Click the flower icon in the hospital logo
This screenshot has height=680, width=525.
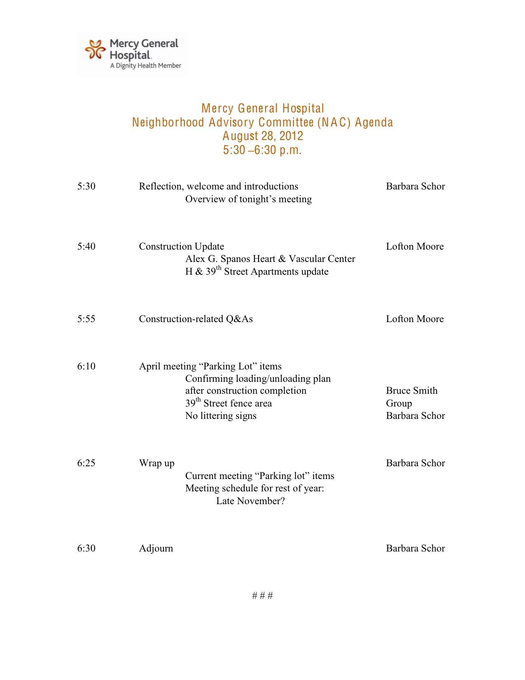[95, 49]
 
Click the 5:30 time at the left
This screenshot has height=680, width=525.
[86, 187]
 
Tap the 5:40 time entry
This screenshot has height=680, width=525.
[86, 247]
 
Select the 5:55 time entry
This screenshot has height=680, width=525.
[86, 319]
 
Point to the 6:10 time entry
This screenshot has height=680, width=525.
[86, 367]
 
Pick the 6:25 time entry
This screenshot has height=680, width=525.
[86, 463]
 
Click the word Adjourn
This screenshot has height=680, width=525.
[156, 549]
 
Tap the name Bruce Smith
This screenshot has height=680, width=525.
[411, 391]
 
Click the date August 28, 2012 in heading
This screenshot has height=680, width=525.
[263, 136]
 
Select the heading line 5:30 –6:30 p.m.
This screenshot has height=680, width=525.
[262, 150]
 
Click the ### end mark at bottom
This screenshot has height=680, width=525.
[262, 596]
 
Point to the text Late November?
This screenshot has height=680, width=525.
[250, 501]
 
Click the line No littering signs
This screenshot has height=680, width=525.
[221, 416]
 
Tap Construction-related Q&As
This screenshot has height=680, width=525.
[196, 319]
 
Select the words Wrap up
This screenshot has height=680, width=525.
[156, 463]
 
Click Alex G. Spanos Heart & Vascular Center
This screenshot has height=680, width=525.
[270, 259]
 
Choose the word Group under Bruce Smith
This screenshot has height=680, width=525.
[399, 404]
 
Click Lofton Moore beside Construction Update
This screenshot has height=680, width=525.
[415, 247]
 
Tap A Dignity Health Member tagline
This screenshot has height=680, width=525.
[145, 66]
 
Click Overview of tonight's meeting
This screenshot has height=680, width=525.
[248, 199]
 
